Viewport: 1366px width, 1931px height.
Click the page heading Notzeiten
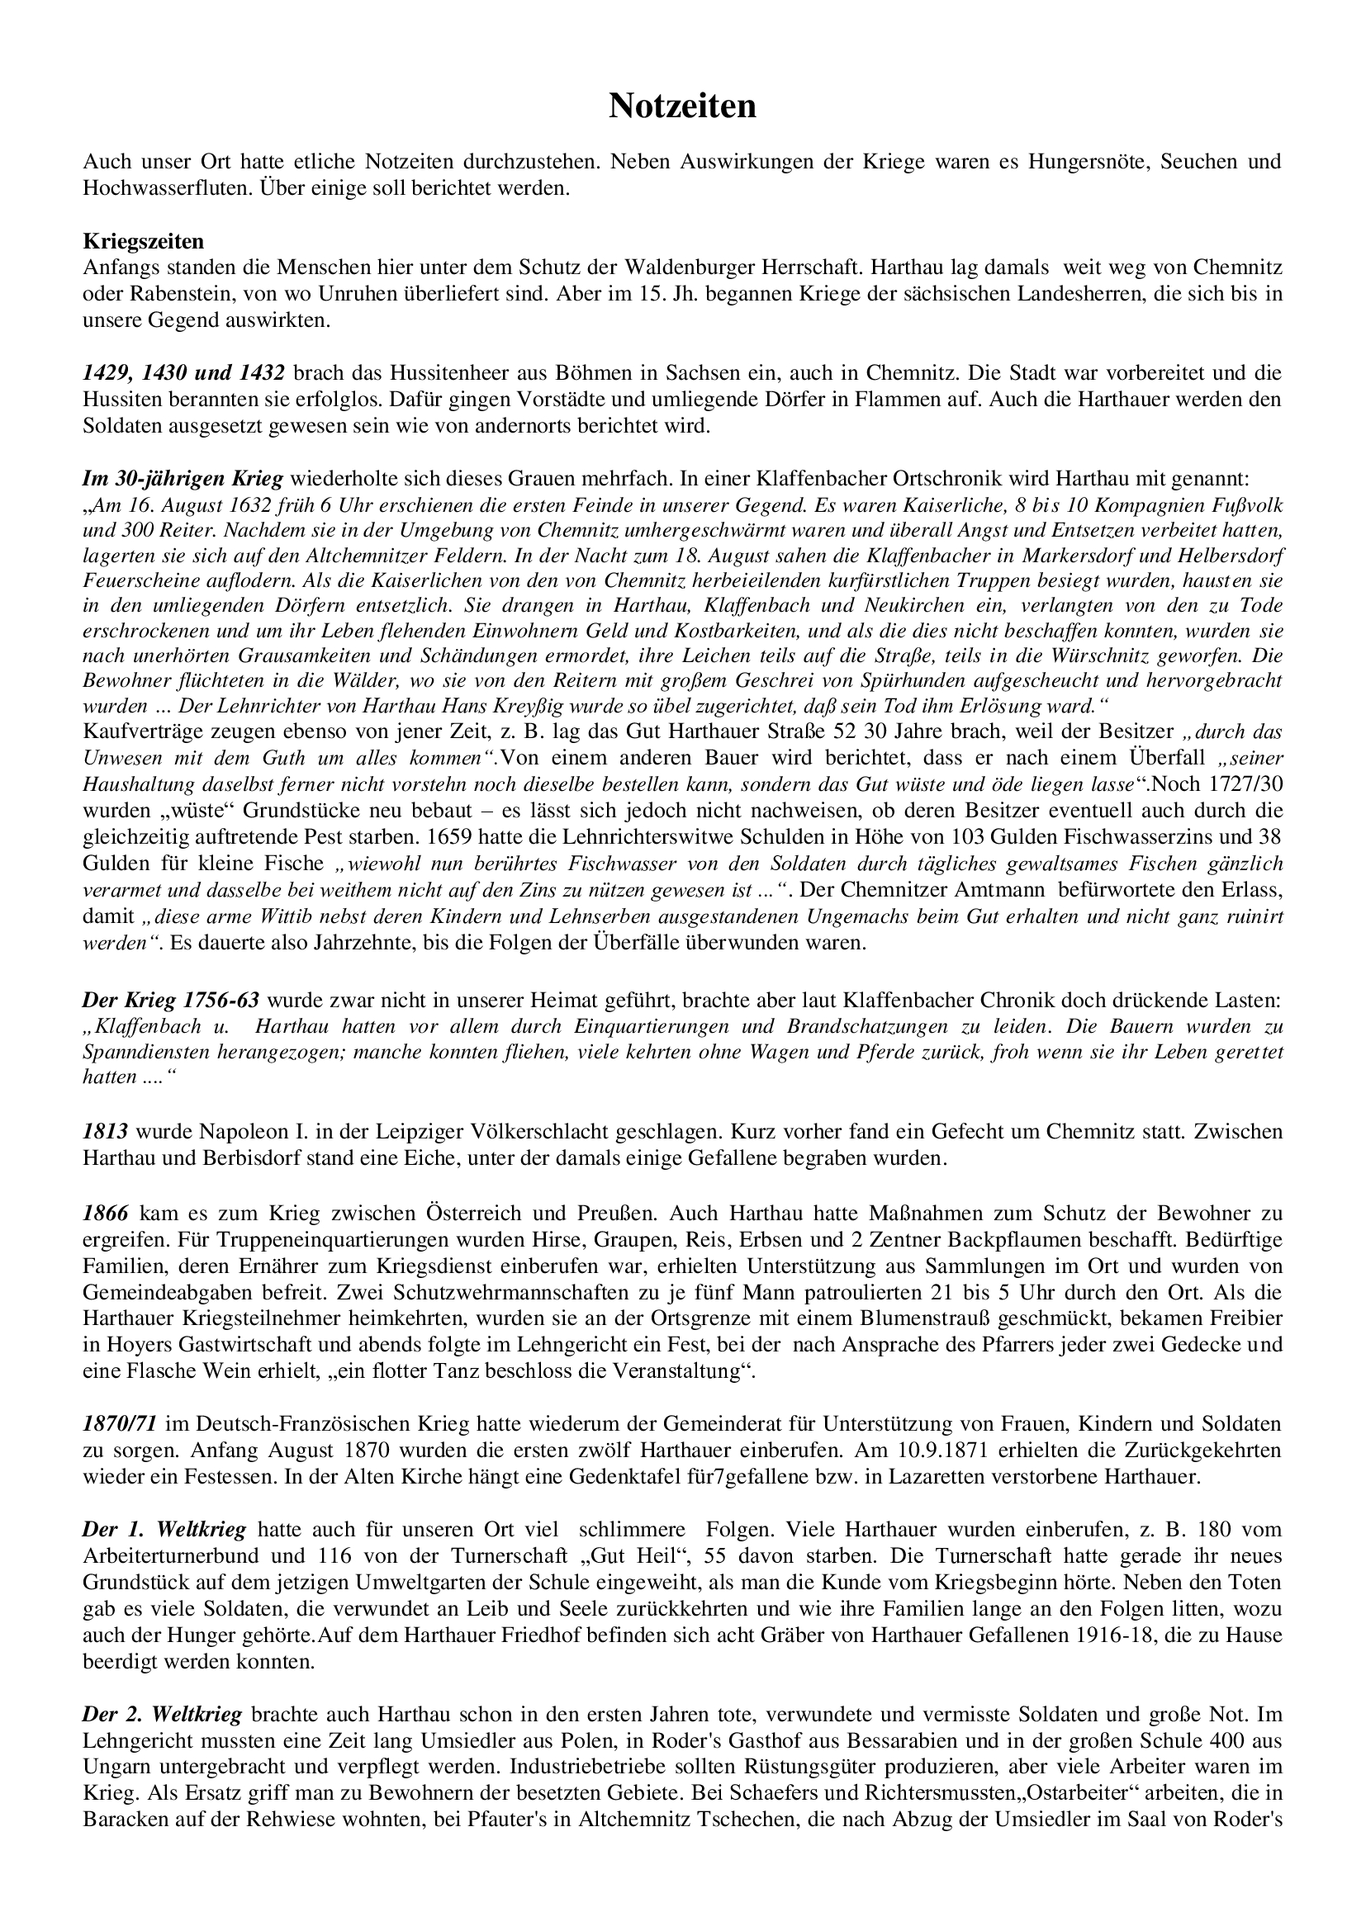tap(682, 106)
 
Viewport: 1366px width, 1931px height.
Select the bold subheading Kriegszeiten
tap(143, 241)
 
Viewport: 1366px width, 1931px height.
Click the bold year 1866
tap(106, 1212)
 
